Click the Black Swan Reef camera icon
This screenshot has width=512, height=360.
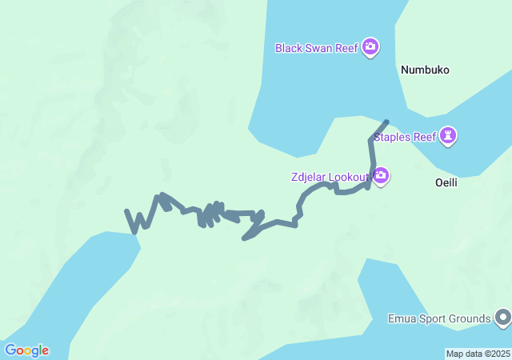[370, 47]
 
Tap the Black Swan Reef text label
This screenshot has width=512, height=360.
[316, 48]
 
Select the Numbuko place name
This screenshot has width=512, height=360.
[424, 70]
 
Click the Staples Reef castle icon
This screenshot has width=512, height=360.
[449, 136]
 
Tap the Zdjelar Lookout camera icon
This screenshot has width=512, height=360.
[381, 175]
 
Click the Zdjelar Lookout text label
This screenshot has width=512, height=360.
[329, 176]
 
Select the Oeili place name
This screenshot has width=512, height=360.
[450, 182]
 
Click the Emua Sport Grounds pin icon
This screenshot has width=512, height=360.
[502, 318]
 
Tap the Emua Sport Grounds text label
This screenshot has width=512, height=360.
[438, 319]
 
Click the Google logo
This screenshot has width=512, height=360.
[26, 350]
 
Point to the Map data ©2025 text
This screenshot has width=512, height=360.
[478, 354]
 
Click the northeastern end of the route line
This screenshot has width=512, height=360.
[386, 122]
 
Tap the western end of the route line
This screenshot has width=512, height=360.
[127, 211]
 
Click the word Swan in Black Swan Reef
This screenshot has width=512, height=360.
[320, 48]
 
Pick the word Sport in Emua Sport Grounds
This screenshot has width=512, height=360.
[432, 319]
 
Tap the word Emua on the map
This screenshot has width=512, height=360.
[400, 319]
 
